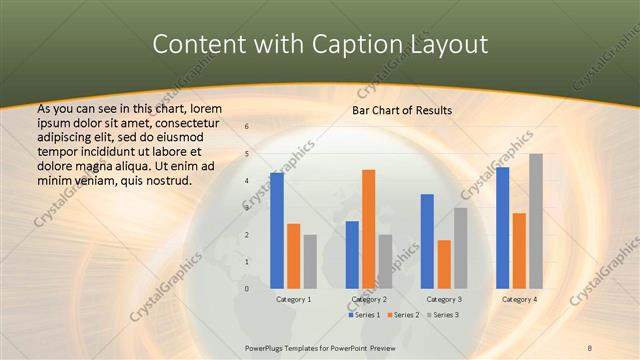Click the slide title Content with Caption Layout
(319, 45)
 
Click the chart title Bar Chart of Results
(401, 110)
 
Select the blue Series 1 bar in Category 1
(277, 230)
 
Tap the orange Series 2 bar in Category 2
(368, 229)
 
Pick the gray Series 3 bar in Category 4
(536, 221)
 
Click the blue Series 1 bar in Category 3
(427, 241)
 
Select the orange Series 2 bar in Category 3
(444, 264)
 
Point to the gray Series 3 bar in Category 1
(310, 261)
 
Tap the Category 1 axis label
(293, 299)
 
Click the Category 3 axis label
(443, 299)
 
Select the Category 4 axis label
(519, 299)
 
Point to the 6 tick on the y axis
(247, 127)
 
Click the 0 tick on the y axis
(247, 288)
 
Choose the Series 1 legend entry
(364, 315)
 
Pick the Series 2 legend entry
(404, 315)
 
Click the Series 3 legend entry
(444, 315)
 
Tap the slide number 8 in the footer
(590, 348)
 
